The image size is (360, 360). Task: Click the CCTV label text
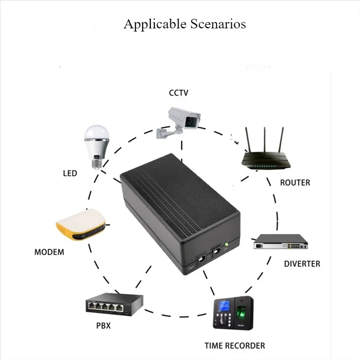(x=178, y=93)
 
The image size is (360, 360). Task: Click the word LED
(x=70, y=173)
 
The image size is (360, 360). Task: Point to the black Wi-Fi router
(x=266, y=157)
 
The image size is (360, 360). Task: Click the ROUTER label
(x=295, y=183)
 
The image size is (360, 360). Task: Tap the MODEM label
(x=49, y=252)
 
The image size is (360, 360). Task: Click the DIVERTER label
(x=302, y=264)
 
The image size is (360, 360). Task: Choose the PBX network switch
(x=113, y=305)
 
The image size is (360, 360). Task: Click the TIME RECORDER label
(x=234, y=346)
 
